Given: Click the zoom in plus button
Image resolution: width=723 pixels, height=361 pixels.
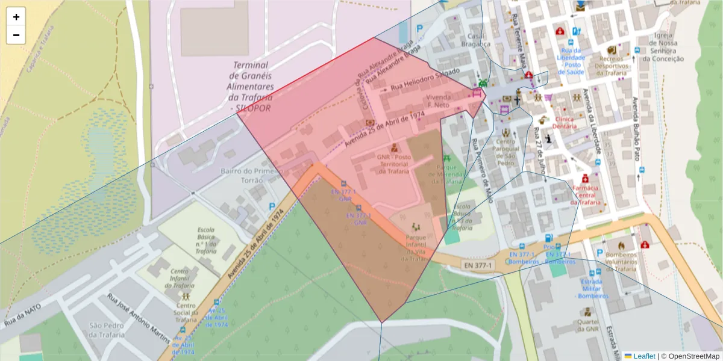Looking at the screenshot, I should point(16,17).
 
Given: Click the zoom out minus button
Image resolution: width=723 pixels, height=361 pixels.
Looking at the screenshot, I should point(16,35).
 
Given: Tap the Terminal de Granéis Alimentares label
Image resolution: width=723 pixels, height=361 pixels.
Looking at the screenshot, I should point(251,86).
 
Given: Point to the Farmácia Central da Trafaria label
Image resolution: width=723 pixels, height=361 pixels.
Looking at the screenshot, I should point(585,195).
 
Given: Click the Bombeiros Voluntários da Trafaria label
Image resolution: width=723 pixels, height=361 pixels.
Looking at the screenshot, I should point(621,258).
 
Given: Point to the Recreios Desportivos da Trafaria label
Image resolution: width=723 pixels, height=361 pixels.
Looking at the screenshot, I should point(612,65).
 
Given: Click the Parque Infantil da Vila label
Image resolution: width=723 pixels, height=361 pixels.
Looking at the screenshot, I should point(416,248).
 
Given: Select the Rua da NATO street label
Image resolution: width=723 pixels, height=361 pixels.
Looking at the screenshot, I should point(23,315).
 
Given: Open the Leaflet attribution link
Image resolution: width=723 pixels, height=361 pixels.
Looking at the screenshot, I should point(643,356).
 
